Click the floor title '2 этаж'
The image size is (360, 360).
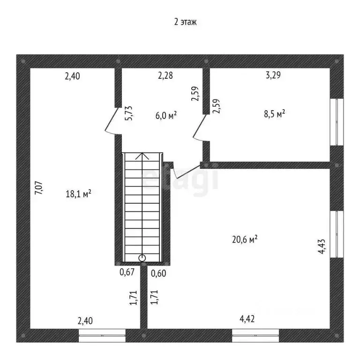pos(185,22)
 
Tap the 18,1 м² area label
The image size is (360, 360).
pos(78,194)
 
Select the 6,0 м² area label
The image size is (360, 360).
pos(166,115)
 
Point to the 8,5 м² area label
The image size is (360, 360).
pos(274,113)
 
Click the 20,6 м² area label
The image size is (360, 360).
pos(245,240)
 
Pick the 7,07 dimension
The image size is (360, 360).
pos(38,188)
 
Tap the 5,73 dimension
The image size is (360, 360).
pos(128,113)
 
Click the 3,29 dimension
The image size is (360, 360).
pos(273,75)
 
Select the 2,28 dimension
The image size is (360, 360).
pos(165,75)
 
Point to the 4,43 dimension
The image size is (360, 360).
pos(322,247)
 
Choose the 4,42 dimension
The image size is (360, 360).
pos(247,319)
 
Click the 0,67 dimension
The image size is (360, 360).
pos(127,272)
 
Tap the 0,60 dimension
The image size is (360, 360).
pos(158,273)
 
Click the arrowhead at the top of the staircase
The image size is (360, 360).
pos(142,156)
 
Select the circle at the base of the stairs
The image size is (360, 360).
pos(142,258)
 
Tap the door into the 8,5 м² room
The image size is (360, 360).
pos(200,127)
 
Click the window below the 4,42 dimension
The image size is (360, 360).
pos(255,336)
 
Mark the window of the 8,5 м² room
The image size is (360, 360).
pos(337,122)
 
